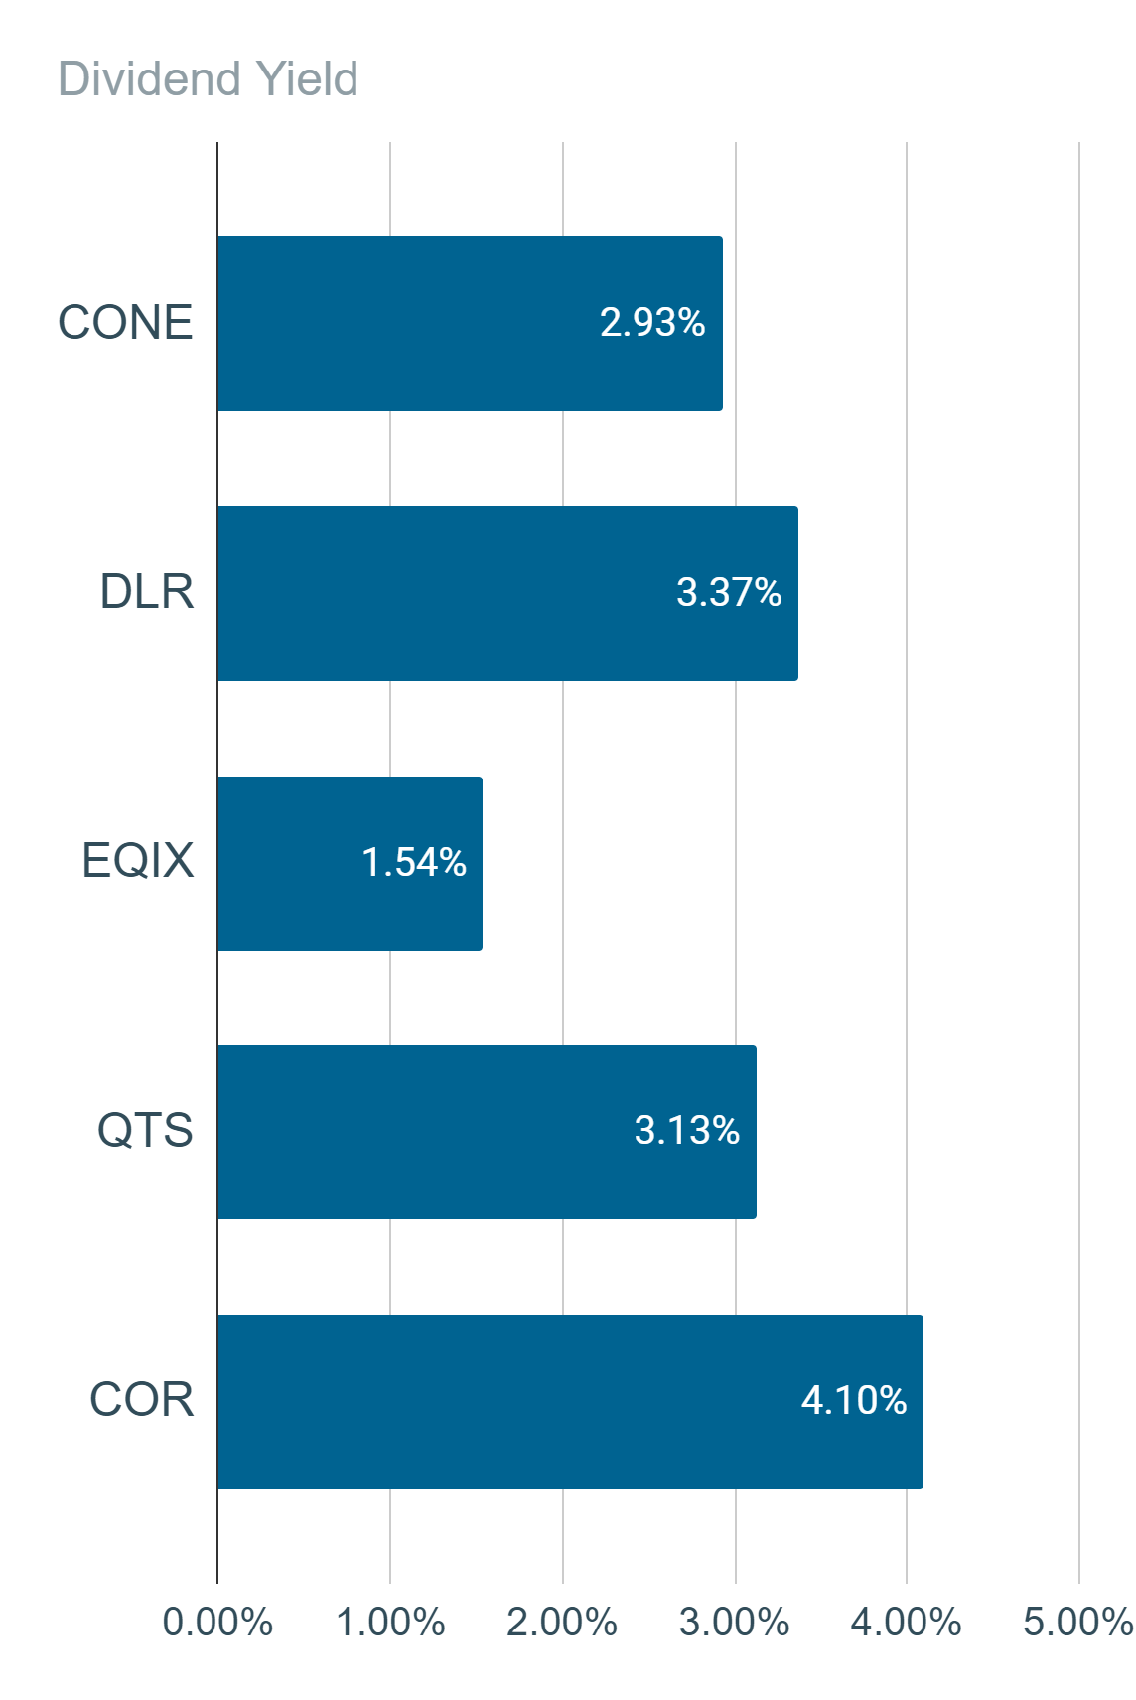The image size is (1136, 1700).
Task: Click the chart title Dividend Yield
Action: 208,78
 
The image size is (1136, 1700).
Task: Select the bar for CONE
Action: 470,324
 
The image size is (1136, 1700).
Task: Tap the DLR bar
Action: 507,594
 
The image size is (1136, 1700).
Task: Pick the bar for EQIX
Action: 350,864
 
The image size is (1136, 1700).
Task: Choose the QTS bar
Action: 488,1132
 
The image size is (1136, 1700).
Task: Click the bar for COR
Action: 571,1402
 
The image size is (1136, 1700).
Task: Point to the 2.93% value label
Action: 652,322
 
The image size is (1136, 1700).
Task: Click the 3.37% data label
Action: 729,592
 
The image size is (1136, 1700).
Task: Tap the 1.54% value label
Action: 413,862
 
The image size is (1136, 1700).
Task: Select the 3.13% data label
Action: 687,1130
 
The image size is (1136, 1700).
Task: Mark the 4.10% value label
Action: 854,1400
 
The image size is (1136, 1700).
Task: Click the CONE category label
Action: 125,322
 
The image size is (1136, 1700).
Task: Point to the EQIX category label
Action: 137,861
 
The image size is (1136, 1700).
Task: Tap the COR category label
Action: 142,1399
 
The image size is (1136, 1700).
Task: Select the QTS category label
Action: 145,1130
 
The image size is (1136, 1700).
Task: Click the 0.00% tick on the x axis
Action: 217,1623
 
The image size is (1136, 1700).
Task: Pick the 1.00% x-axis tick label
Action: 390,1623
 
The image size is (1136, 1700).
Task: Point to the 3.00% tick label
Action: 735,1623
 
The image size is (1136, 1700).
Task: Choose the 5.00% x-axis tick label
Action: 1078,1623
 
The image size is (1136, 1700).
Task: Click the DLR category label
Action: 147,591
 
